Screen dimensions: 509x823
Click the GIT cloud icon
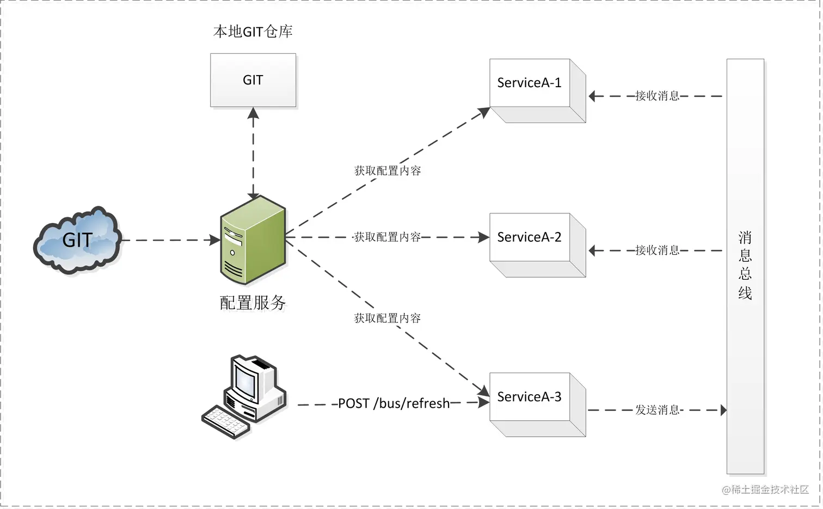tap(77, 240)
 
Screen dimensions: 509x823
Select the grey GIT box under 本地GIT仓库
tap(253, 80)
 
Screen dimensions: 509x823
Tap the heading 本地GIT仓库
tap(253, 32)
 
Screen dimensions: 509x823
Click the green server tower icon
tap(253, 240)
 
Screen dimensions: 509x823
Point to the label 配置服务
tap(253, 303)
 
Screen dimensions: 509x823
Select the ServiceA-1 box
tap(530, 83)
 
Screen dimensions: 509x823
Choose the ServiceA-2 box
tap(530, 237)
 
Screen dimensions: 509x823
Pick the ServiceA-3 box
tap(530, 397)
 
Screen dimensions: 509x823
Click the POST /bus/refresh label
tap(394, 403)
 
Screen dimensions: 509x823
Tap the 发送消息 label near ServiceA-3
tap(657, 410)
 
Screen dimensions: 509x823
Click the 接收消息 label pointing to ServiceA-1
tap(657, 96)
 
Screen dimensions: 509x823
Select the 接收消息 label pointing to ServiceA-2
tap(657, 250)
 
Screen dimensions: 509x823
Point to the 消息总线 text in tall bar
tap(745, 266)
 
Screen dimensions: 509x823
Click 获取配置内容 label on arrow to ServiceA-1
tap(388, 171)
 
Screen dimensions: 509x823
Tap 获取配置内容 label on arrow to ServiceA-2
tap(388, 237)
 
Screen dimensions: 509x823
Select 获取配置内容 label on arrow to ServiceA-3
tap(388, 318)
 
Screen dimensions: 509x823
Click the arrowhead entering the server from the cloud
tap(216, 240)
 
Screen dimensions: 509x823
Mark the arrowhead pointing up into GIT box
tap(253, 113)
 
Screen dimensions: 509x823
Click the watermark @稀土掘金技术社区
tap(765, 490)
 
